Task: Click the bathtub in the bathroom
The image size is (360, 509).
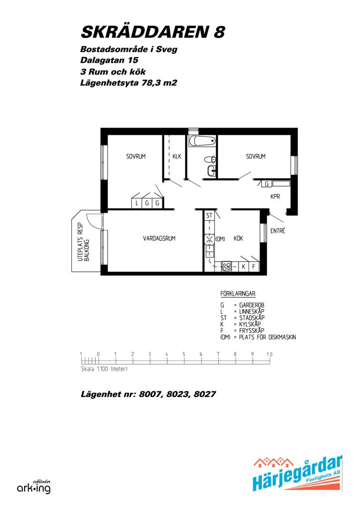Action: pyautogui.click(x=202, y=141)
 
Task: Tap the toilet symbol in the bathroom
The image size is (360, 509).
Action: pyautogui.click(x=210, y=160)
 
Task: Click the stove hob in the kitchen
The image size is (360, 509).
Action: pyautogui.click(x=226, y=267)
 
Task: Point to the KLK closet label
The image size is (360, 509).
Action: pyautogui.click(x=177, y=157)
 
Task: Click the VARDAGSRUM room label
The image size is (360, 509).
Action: pyautogui.click(x=159, y=238)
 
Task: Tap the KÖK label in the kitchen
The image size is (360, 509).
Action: pyautogui.click(x=238, y=238)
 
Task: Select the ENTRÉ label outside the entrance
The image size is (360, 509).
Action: pyautogui.click(x=278, y=230)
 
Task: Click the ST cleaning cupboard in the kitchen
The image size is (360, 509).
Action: pyautogui.click(x=209, y=215)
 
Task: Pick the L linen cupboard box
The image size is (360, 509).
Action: pyautogui.click(x=137, y=203)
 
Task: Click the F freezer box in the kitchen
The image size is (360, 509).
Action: pyautogui.click(x=254, y=267)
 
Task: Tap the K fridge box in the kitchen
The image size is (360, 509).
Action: pyautogui.click(x=243, y=267)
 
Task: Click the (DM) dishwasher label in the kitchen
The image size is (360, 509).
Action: pyautogui.click(x=220, y=239)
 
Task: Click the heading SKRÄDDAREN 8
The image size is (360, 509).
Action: pyautogui.click(x=152, y=32)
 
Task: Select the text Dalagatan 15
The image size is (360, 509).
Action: pyautogui.click(x=109, y=60)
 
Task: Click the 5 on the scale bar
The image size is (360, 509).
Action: pyautogui.click(x=184, y=354)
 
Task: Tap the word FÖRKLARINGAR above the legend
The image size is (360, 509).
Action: pyautogui.click(x=238, y=294)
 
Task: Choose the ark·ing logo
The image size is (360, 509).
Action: pyautogui.click(x=34, y=487)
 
